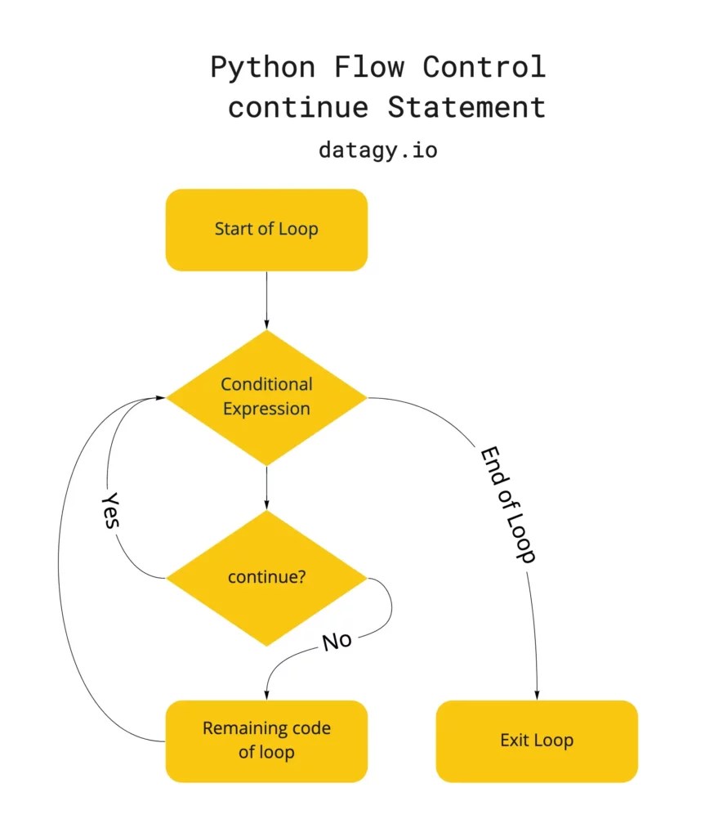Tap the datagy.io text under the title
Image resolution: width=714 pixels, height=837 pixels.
pyautogui.click(x=377, y=150)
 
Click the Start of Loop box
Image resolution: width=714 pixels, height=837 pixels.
pyautogui.click(x=266, y=230)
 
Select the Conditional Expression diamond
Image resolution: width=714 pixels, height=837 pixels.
pyautogui.click(x=266, y=397)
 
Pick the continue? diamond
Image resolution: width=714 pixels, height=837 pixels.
pyautogui.click(x=266, y=577)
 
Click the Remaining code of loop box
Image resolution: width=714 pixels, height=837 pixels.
pyautogui.click(x=266, y=741)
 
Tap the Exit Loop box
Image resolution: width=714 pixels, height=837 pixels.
pyautogui.click(x=537, y=741)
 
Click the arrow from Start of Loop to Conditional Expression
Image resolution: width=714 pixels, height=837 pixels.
pyautogui.click(x=266, y=299)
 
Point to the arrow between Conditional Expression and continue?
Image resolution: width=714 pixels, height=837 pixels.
pyautogui.click(x=266, y=487)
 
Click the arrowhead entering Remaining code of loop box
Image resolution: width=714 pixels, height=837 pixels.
pyautogui.click(x=266, y=695)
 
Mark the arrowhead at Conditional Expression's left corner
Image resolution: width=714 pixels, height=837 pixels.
pyautogui.click(x=162, y=398)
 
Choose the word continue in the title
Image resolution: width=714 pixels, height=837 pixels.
pyautogui.click(x=297, y=107)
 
